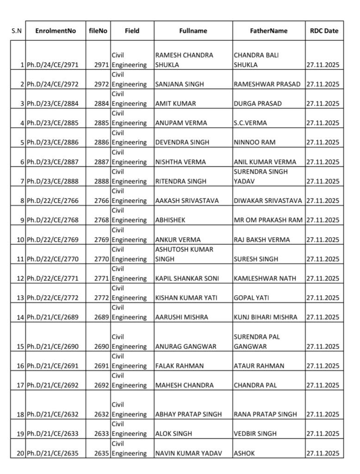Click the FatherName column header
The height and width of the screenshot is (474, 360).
268,31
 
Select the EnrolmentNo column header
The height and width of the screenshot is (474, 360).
56,31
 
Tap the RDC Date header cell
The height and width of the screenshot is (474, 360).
324,31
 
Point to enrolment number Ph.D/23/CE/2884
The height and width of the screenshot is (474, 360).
52,104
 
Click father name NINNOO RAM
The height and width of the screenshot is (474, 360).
254,143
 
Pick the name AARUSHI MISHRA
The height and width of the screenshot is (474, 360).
182,318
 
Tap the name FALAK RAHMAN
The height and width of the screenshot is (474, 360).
180,366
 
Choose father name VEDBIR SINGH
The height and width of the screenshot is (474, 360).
255,434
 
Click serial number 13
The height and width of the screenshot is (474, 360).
20,298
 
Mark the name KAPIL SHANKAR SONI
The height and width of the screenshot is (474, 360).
187,279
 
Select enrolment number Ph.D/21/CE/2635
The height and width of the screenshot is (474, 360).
52,454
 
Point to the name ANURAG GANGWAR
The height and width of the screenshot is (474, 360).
183,347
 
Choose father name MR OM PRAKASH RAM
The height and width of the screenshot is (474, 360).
268,220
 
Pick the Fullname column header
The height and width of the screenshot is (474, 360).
193,31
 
